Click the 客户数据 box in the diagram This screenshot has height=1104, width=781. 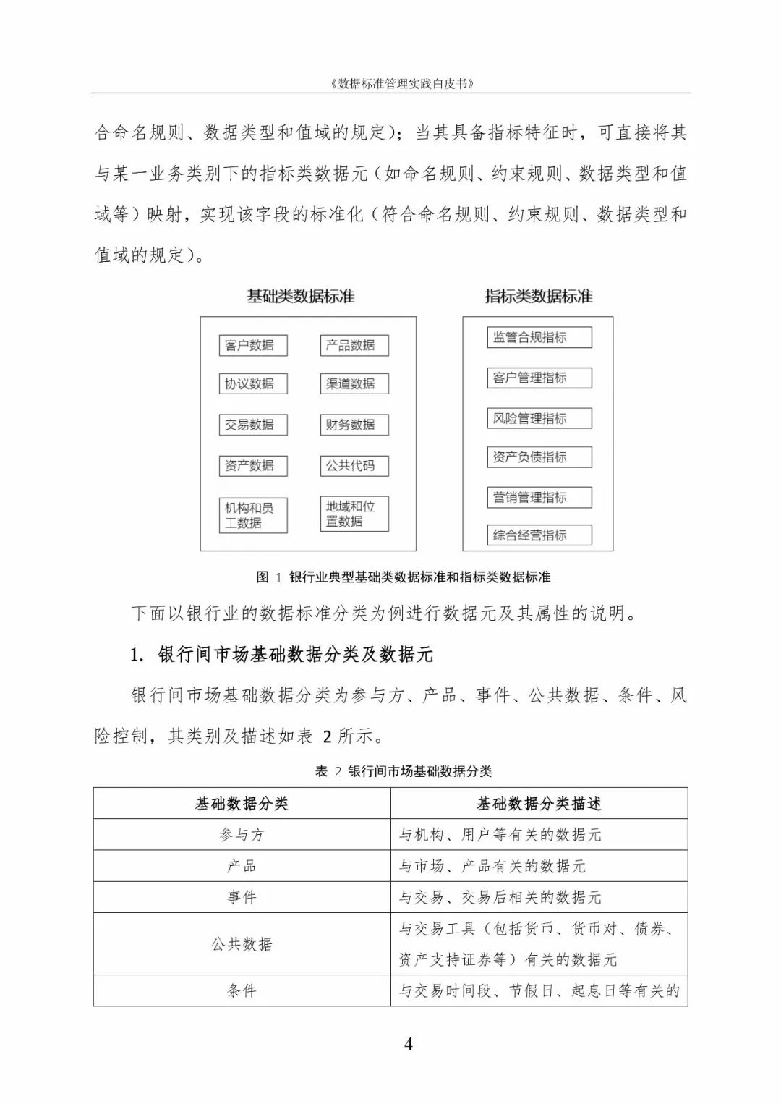click(x=253, y=345)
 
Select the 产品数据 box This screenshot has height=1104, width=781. click(x=354, y=345)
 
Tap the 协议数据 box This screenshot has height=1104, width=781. click(x=253, y=383)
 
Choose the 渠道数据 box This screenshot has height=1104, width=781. click(x=354, y=383)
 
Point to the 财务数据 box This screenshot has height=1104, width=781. click(x=354, y=425)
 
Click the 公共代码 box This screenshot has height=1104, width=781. click(x=354, y=466)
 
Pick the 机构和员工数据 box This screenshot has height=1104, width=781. click(x=253, y=515)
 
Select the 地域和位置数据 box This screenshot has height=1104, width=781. click(x=354, y=514)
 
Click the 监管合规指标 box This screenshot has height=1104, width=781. click(x=539, y=337)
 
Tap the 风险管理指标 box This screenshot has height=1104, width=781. click(x=539, y=418)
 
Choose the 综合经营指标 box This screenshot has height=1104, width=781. click(x=539, y=535)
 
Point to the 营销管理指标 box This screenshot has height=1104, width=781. click(x=539, y=497)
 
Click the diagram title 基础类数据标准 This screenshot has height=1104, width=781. click(x=301, y=297)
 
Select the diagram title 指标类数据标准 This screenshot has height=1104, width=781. click(x=539, y=297)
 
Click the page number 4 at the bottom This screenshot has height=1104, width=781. click(x=409, y=1044)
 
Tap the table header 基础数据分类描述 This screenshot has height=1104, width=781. click(x=539, y=804)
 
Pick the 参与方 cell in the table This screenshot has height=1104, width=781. click(x=242, y=835)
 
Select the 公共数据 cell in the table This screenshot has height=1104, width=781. click(x=242, y=944)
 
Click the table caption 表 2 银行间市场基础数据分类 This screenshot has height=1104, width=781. click(x=404, y=771)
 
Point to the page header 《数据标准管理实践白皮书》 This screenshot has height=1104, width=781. click(x=403, y=83)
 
